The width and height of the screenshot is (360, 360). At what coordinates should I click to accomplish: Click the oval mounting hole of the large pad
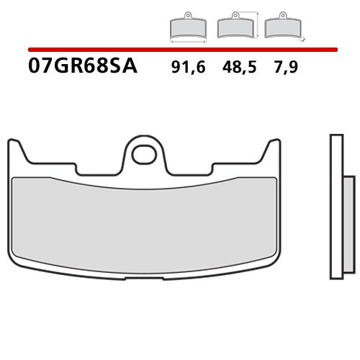coord(146,153)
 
